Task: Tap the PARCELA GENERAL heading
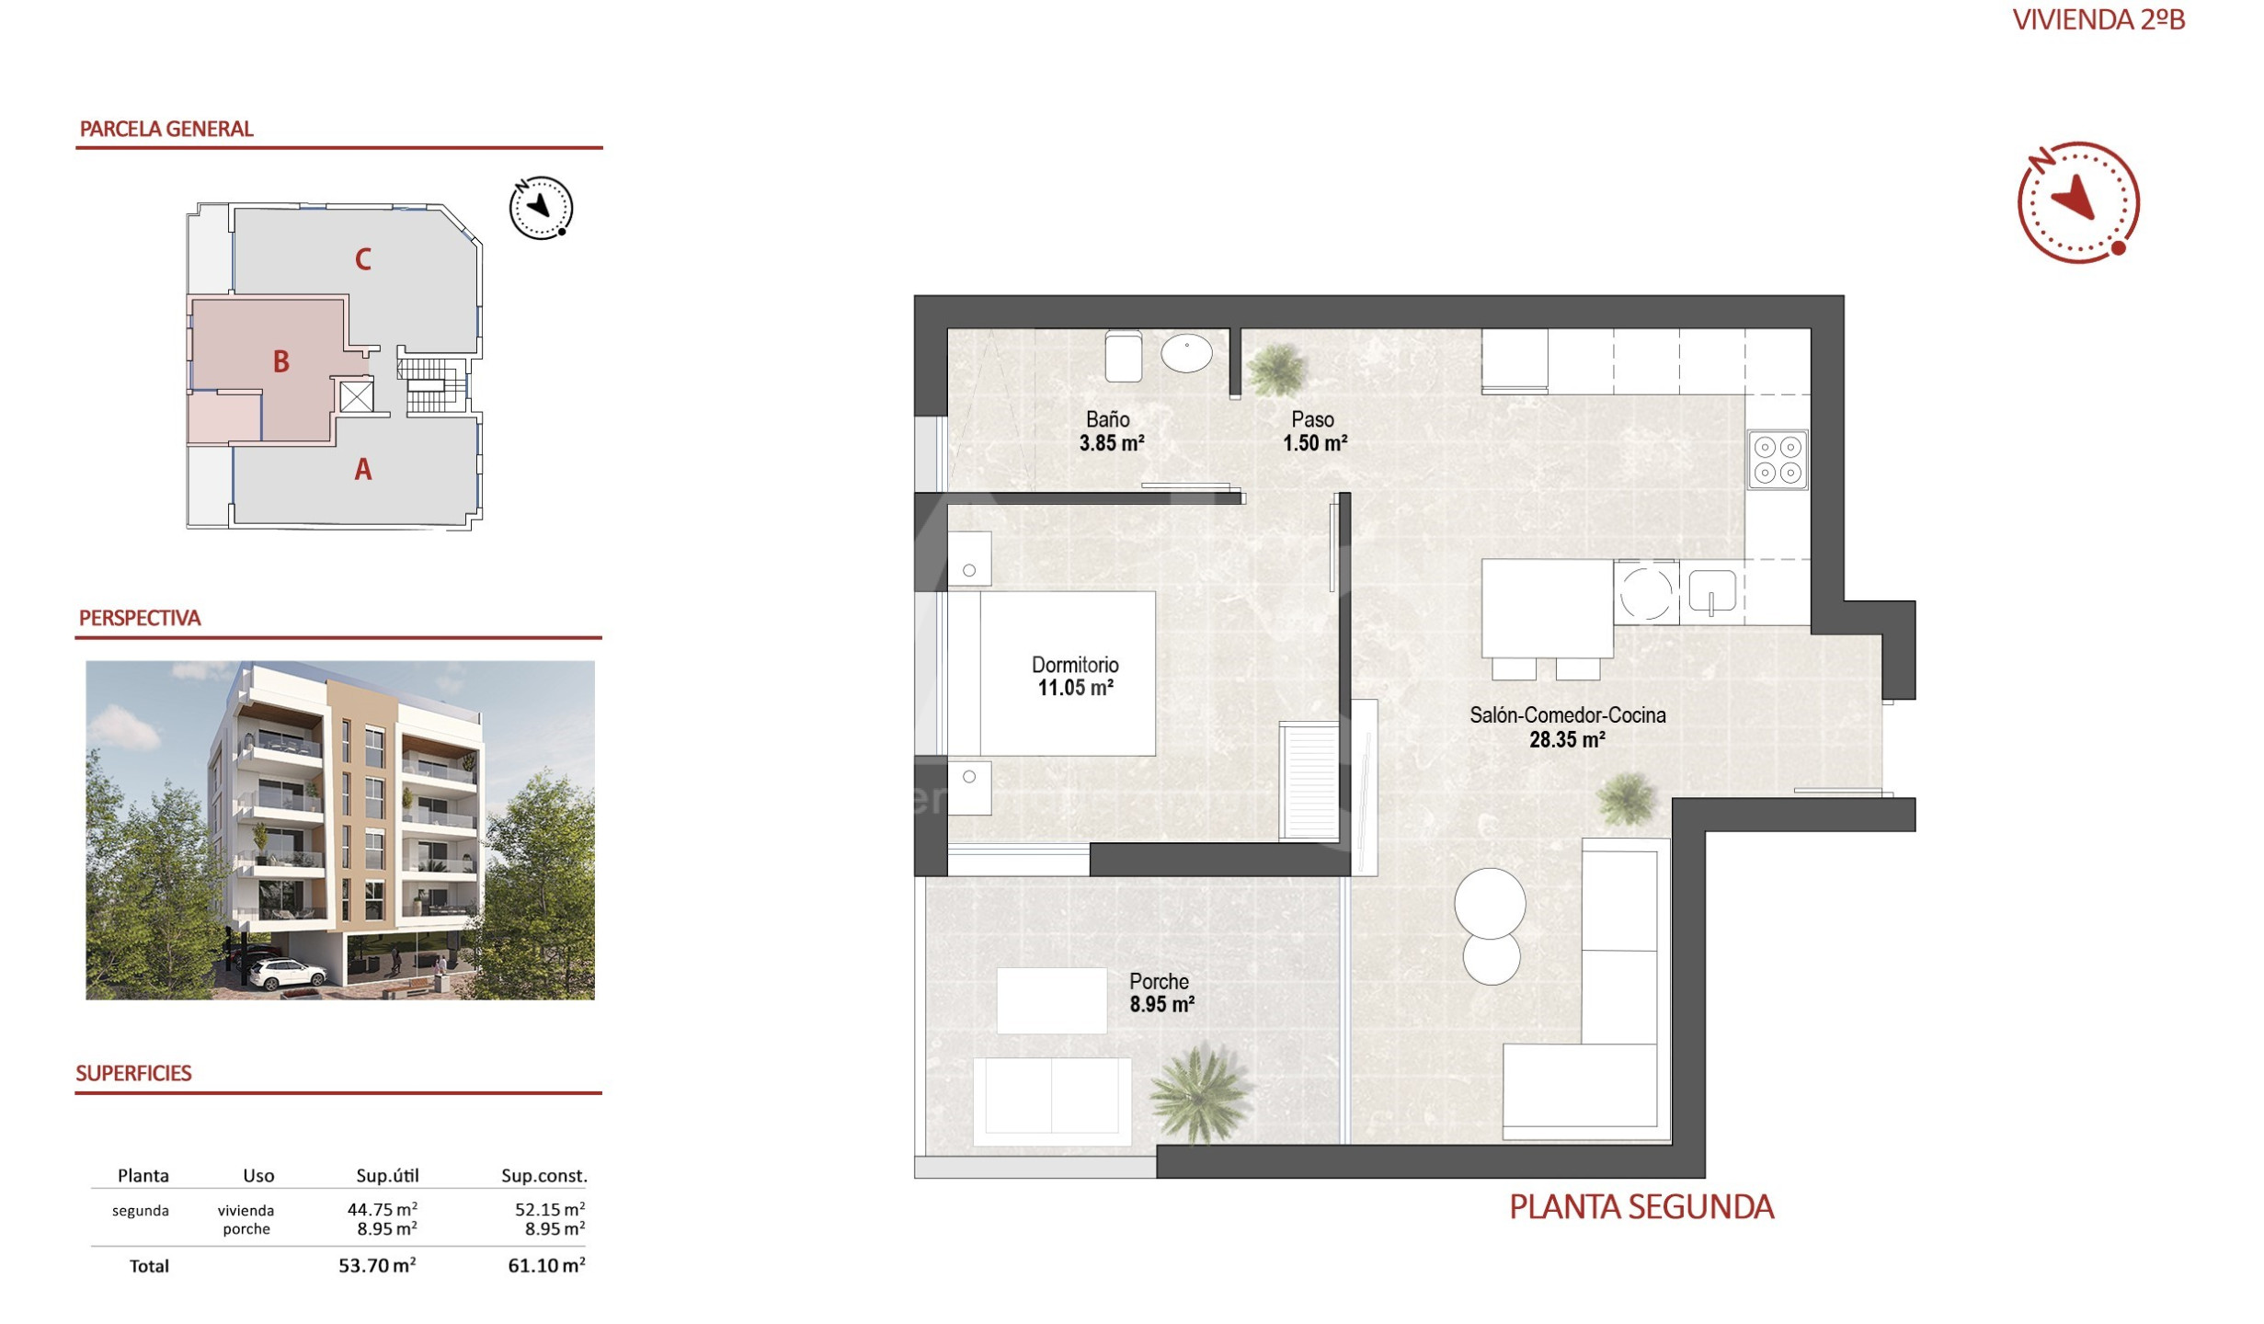pos(166,129)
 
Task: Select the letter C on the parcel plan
pos(363,260)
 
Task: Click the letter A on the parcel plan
pos(363,470)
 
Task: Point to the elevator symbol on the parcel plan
pos(356,397)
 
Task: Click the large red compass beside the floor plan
pos(2078,202)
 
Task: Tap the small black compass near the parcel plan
pos(541,208)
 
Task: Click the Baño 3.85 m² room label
pos(1111,431)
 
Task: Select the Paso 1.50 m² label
pos(1315,431)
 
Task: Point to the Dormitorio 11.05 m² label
pos(1075,677)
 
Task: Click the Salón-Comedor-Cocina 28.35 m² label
pos(1567,727)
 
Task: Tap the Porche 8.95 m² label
pos(1161,993)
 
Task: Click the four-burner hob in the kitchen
pos(1778,460)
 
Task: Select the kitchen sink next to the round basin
pos(1711,591)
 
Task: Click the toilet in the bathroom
pos(1123,356)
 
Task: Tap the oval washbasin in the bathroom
pos(1186,354)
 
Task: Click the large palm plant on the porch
pos(1199,1094)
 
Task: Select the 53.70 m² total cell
pos(377,1266)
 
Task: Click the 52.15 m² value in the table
pos(550,1209)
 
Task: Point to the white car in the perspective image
pos(287,974)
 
